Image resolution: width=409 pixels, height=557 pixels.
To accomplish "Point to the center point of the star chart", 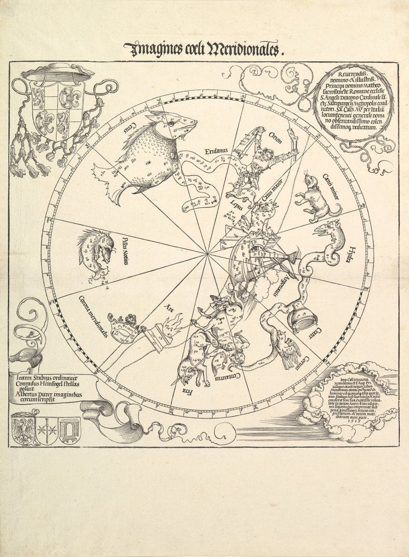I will (207, 252).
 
